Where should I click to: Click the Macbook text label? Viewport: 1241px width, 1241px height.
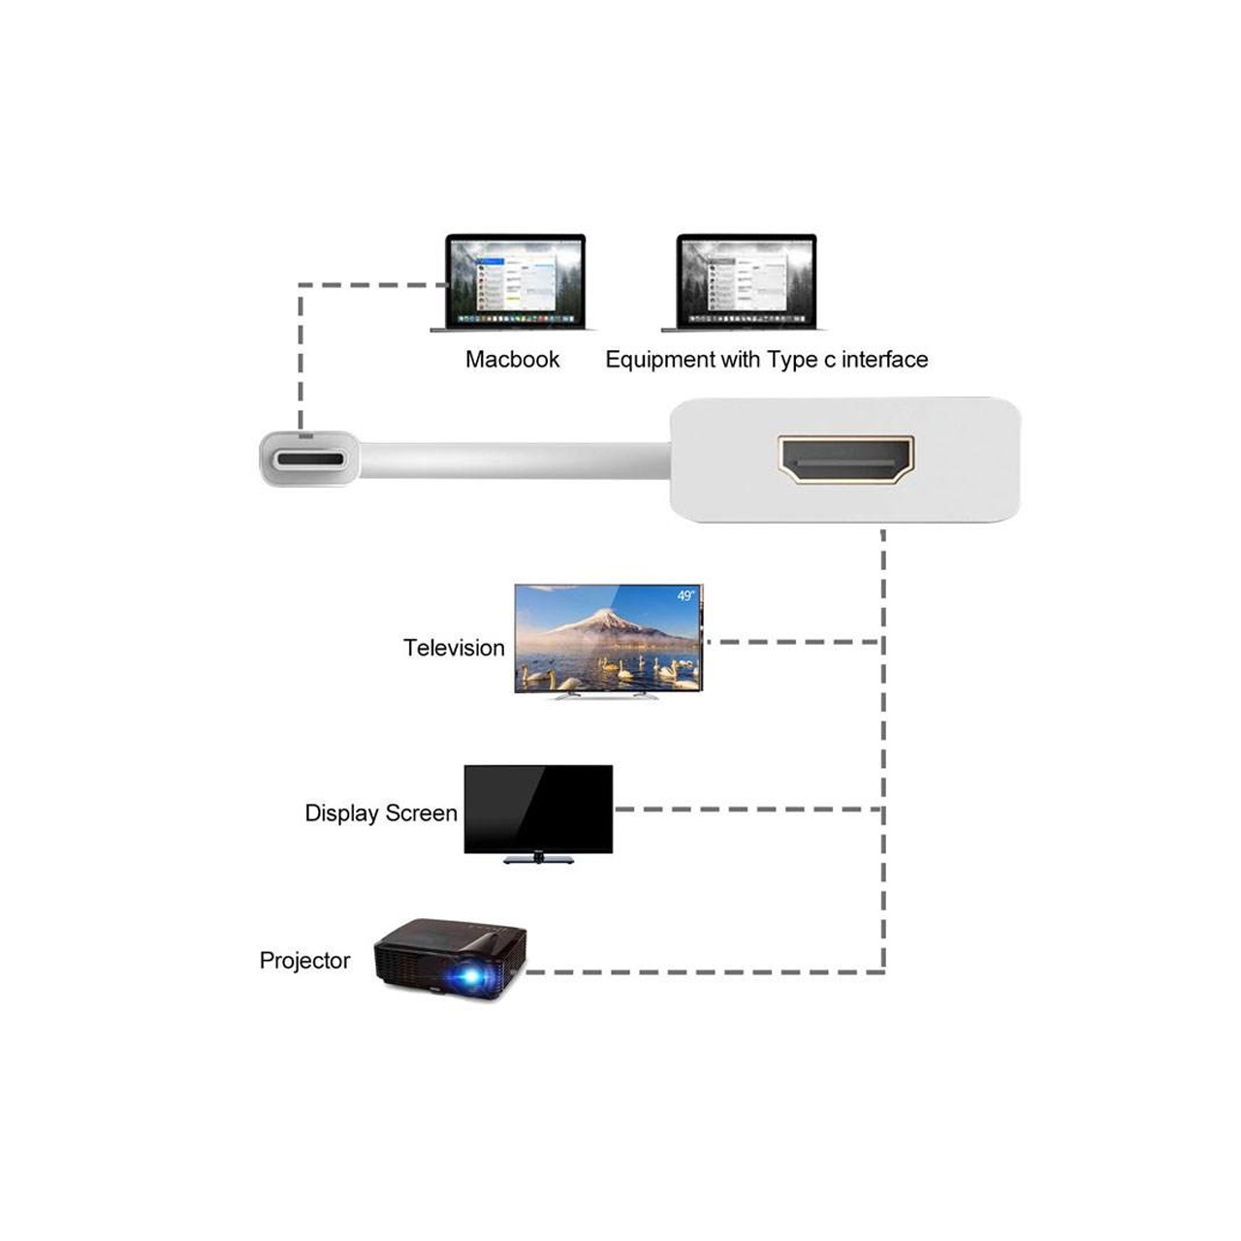512,360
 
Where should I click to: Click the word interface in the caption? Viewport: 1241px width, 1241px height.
885,360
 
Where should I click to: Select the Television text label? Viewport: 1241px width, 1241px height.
454,648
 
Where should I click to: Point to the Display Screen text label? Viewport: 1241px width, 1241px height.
381,812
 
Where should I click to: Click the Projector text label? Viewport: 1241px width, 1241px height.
304,960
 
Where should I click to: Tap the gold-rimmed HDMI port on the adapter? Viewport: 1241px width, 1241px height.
845,460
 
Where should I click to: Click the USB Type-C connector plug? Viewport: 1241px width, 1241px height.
309,460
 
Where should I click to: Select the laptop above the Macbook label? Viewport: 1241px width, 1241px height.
513,283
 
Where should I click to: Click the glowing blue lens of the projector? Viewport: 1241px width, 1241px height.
472,976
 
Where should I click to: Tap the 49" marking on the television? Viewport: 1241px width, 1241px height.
685,595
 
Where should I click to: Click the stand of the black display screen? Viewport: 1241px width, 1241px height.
538,858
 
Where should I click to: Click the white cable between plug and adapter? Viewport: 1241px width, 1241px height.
515,461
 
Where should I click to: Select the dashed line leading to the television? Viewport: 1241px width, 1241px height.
793,642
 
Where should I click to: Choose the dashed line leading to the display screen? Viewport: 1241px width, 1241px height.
748,809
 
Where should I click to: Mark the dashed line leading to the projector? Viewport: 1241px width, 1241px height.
705,971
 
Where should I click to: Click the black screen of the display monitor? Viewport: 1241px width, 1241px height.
538,809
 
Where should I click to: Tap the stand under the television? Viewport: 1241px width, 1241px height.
607,696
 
